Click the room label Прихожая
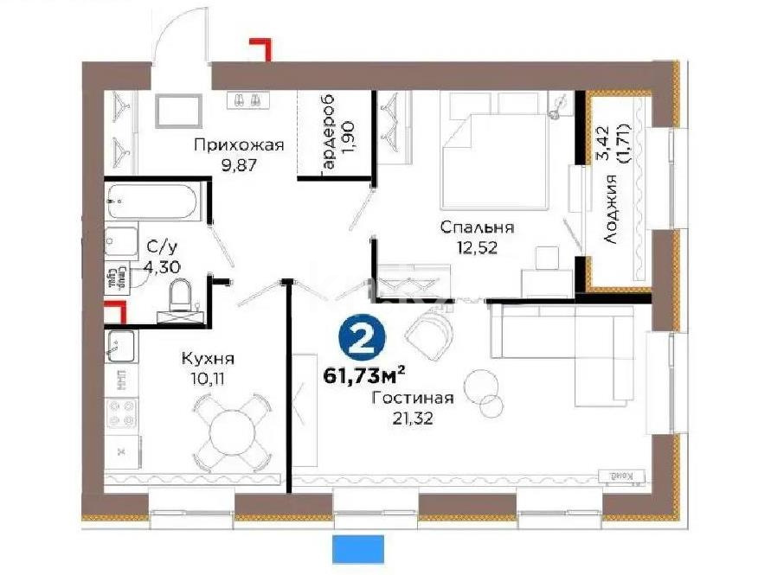[x=239, y=145]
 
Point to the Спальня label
[x=477, y=228]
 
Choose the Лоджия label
[x=611, y=209]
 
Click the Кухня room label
[x=208, y=358]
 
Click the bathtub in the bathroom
[x=153, y=201]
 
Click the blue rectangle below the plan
[x=357, y=547]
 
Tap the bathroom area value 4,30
[x=163, y=267]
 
